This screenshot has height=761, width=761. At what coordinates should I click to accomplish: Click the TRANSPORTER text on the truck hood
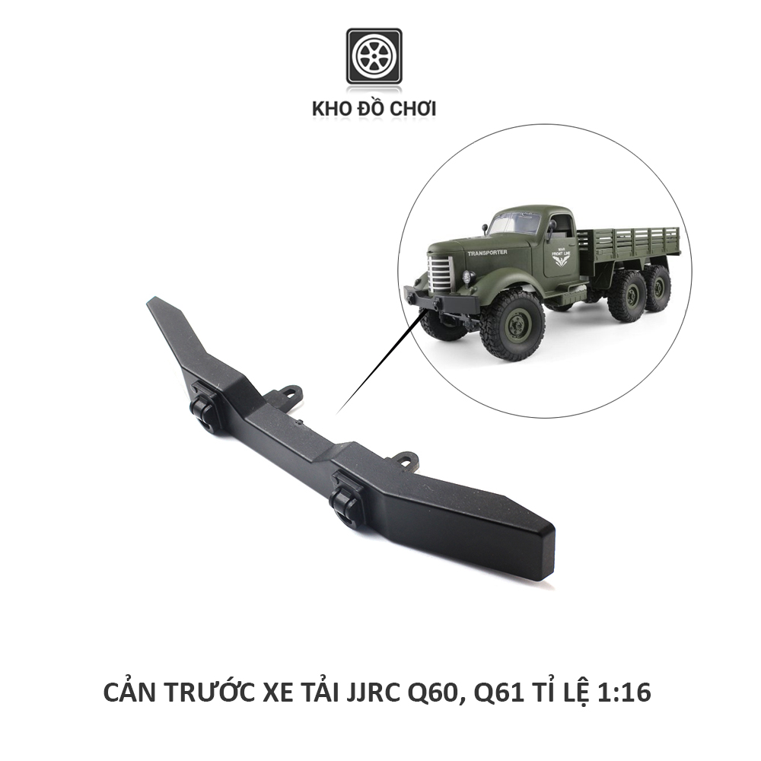(x=487, y=252)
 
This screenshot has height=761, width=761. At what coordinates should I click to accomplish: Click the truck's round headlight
(x=467, y=276)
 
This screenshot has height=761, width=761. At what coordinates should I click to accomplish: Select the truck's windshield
(x=515, y=223)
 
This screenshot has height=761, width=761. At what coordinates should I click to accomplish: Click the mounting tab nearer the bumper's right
(x=406, y=459)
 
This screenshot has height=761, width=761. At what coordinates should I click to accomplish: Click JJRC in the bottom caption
(x=362, y=693)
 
